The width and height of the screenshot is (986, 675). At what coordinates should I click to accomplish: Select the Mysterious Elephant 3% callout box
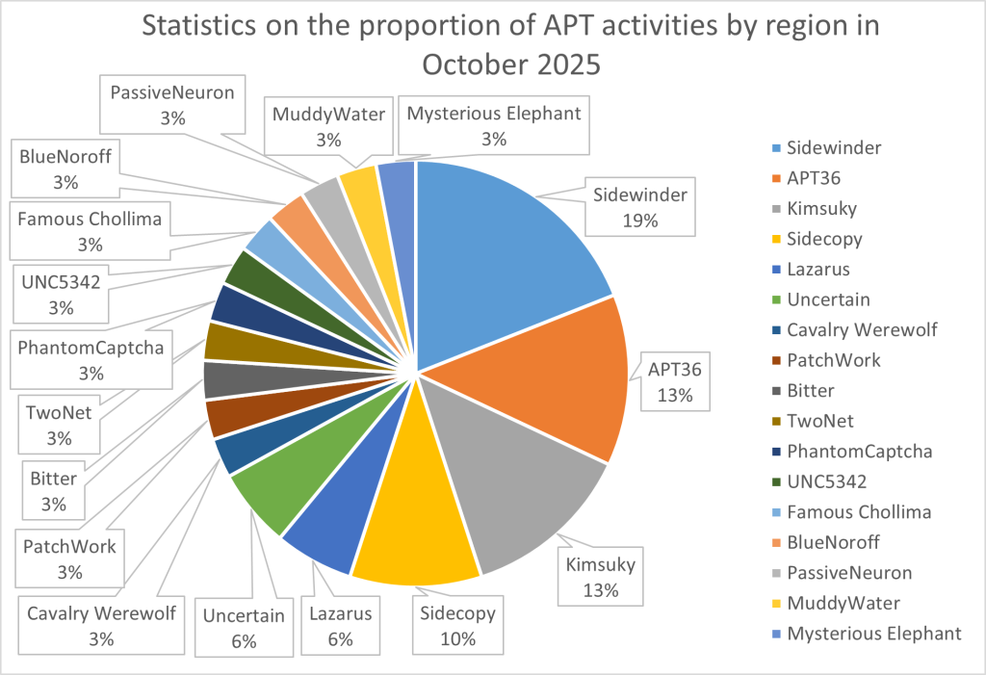494,126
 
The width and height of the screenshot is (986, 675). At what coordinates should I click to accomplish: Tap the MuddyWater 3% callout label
328,126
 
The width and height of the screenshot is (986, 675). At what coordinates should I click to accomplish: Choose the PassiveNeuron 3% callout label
173,105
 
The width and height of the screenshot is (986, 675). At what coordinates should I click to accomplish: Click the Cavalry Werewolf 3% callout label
101,625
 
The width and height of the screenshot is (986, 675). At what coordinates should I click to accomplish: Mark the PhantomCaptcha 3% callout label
91,357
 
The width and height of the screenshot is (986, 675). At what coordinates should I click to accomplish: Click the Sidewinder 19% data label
639,207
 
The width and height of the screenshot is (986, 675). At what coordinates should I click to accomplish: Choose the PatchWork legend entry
833,360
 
